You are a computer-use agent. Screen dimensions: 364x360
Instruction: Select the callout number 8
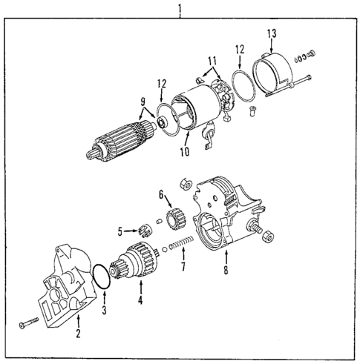click(225, 271)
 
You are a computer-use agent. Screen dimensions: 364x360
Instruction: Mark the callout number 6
click(160, 193)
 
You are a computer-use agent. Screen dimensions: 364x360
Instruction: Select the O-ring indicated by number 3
click(101, 275)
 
